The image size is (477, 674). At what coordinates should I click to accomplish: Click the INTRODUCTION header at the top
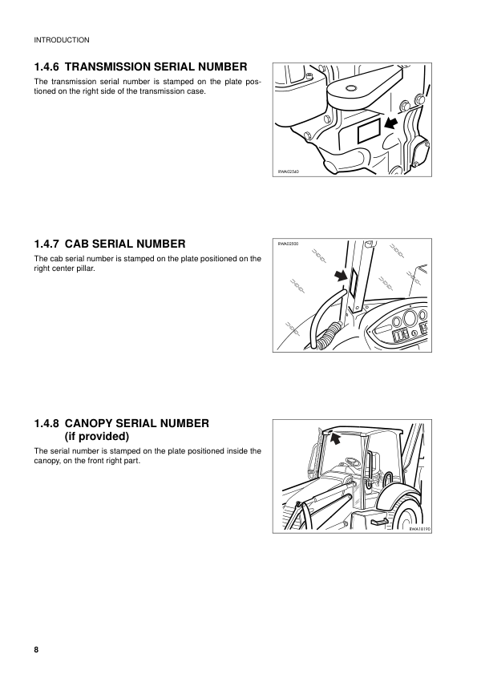[x=61, y=39]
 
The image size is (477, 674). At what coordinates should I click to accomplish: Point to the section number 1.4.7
[x=46, y=243]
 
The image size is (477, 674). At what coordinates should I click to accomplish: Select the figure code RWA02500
[x=288, y=244]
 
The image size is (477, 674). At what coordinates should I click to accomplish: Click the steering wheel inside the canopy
[x=351, y=462]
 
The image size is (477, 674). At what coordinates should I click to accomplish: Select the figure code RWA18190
[x=419, y=529]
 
